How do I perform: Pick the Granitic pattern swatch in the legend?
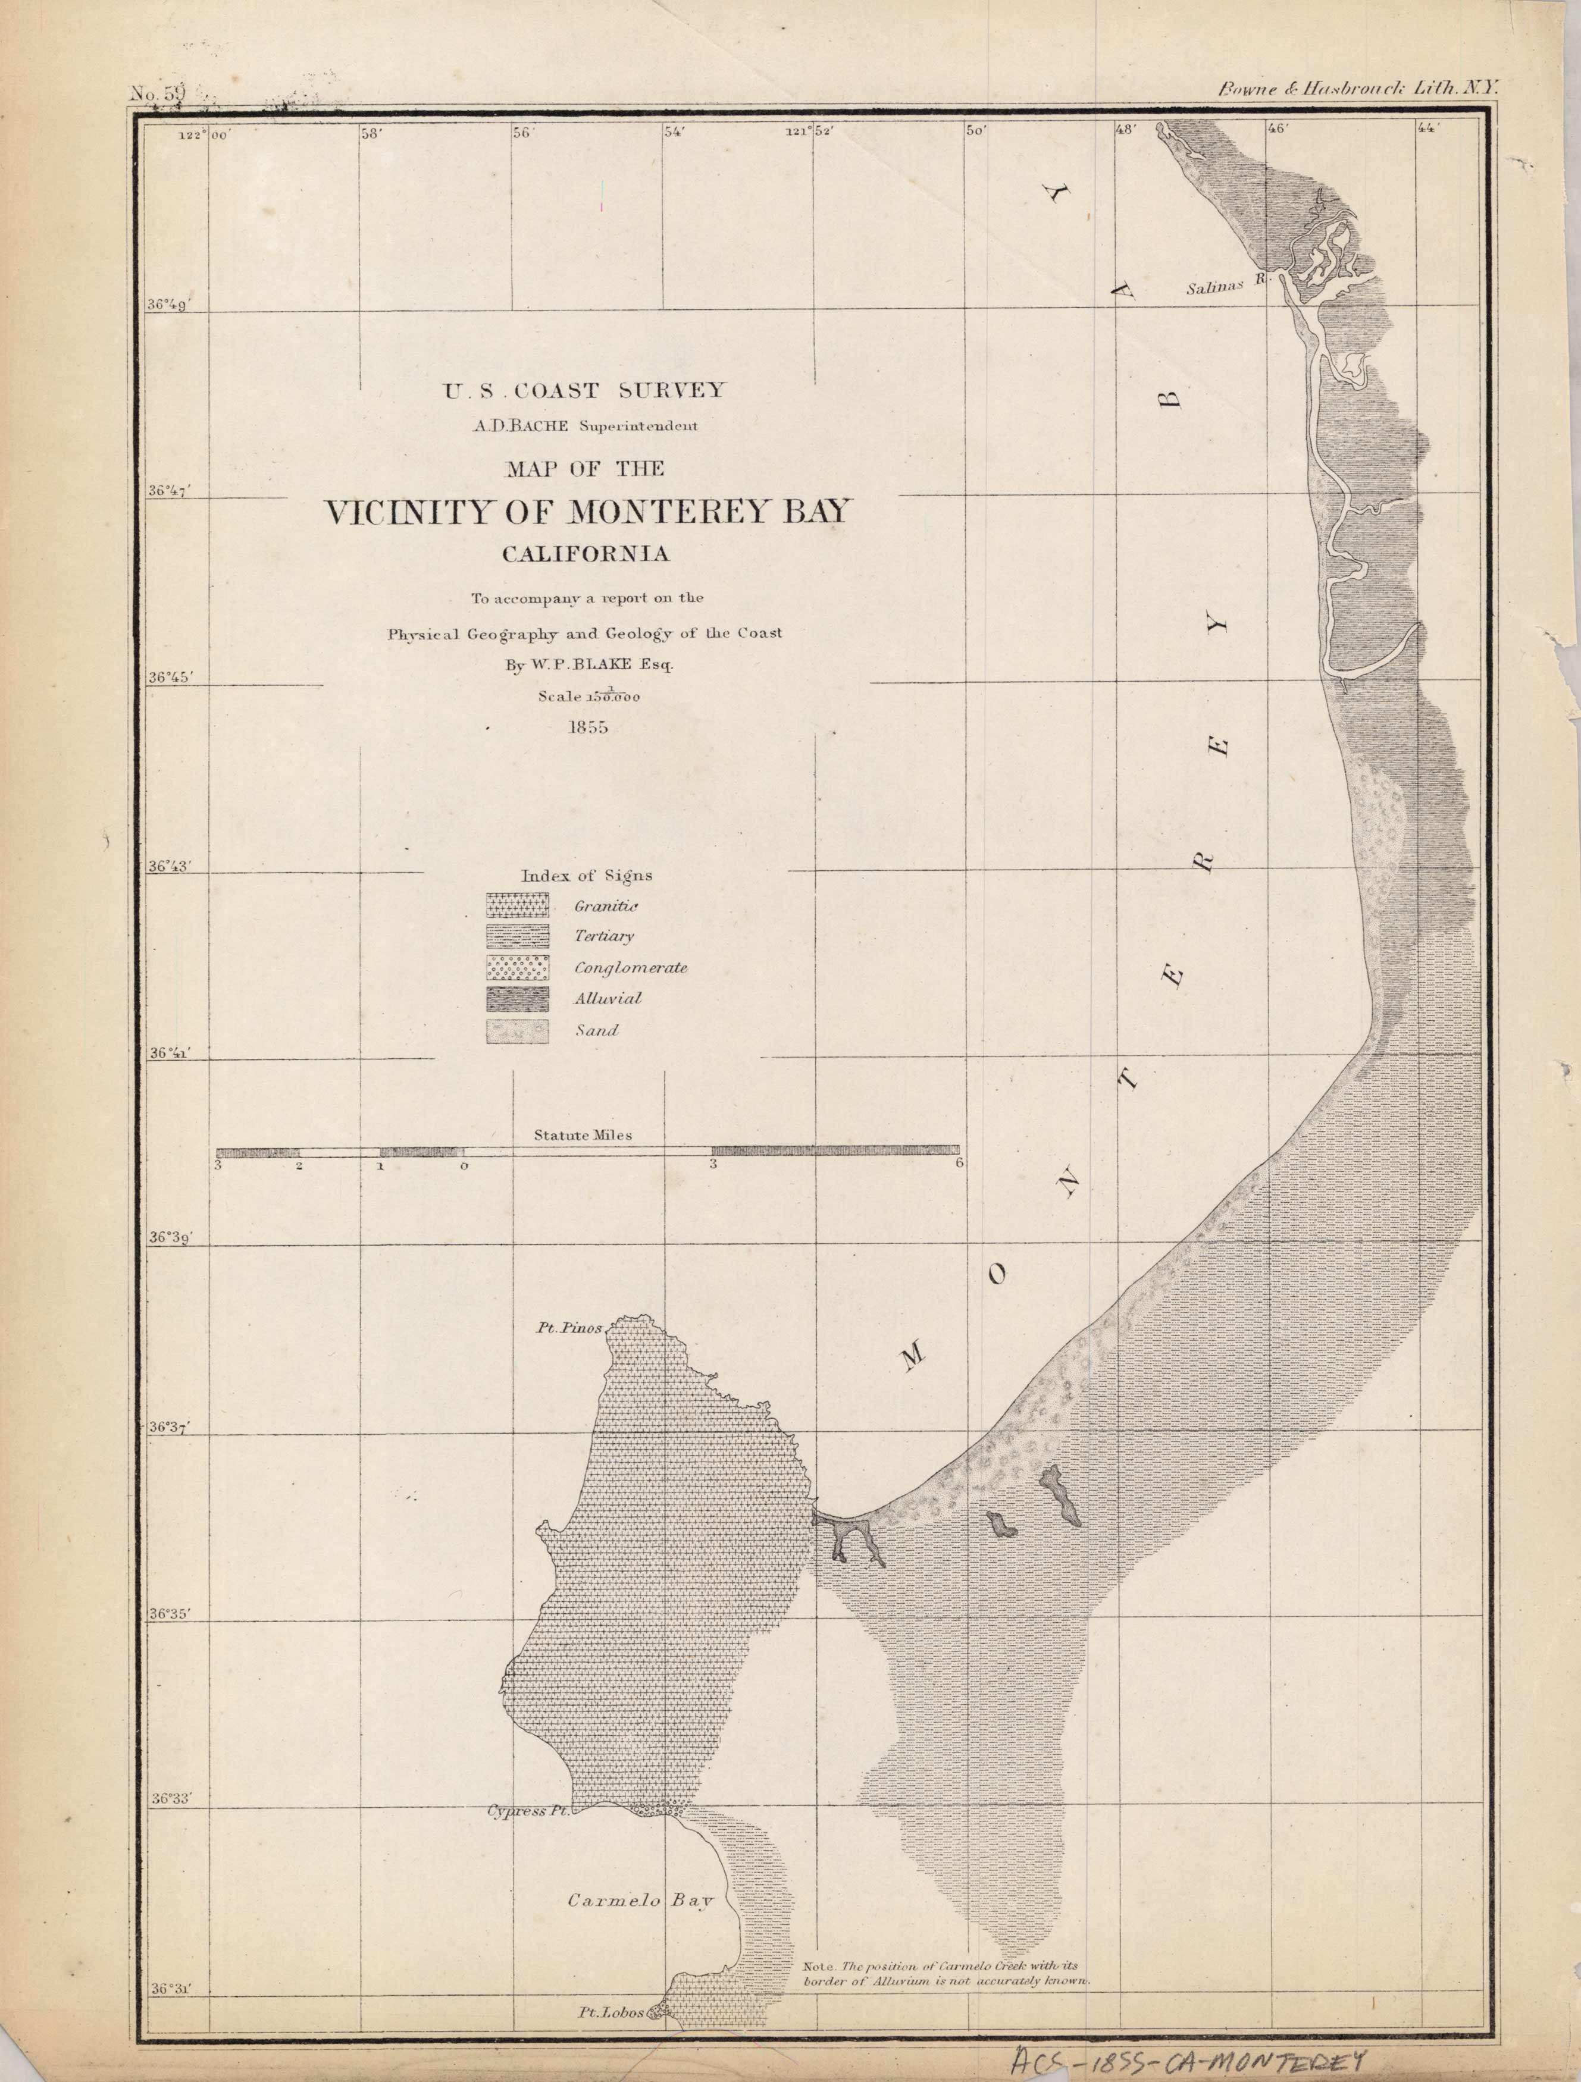(517, 905)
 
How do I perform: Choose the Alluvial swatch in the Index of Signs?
(517, 999)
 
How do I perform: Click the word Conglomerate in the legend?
(630, 968)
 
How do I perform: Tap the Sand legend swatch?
(517, 1031)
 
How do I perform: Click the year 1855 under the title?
(587, 727)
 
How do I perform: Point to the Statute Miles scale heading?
(583, 1135)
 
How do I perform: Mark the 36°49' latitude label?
(170, 304)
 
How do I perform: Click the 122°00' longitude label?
(204, 134)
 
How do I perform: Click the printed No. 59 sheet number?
(158, 93)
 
